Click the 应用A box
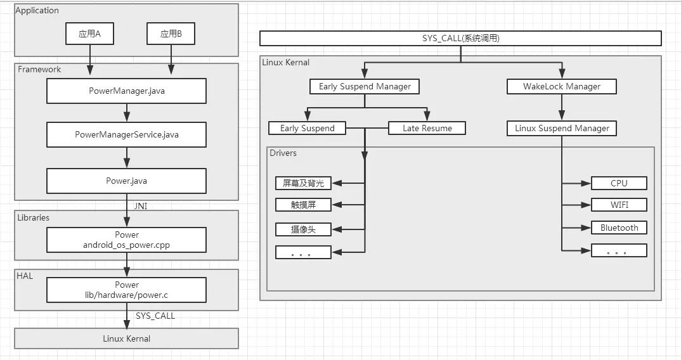coord(90,34)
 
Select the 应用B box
coord(171,34)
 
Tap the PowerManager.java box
coord(126,91)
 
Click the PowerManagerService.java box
coord(126,134)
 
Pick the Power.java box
coord(126,181)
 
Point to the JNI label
coord(141,205)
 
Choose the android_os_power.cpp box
coord(126,240)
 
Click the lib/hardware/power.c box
coord(126,290)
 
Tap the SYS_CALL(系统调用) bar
coord(460,39)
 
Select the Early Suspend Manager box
coord(365,86)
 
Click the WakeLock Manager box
coord(562,86)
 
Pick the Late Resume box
coord(427,128)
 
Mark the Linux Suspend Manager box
coord(562,128)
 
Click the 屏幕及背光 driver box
coord(303,183)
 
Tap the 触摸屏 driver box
coord(303,205)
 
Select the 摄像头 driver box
coord(303,229)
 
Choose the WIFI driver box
coord(619,205)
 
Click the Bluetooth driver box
coord(619,228)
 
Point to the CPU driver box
coord(619,183)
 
